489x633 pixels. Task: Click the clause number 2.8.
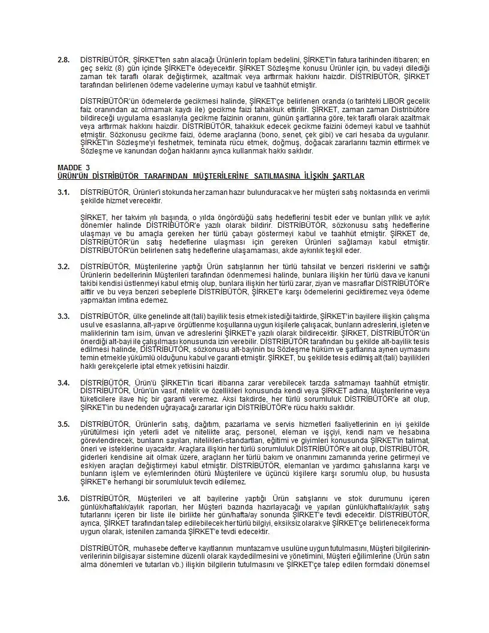pyautogui.click(x=63, y=60)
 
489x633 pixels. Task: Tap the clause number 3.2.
pyautogui.click(x=63, y=266)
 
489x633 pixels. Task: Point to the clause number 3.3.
pyautogui.click(x=63, y=315)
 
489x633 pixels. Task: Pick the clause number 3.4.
pyautogui.click(x=63, y=382)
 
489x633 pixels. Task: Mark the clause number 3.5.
pyautogui.click(x=63, y=424)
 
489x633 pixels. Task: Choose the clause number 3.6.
pyautogui.click(x=63, y=498)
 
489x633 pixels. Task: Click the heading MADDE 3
pyautogui.click(x=74, y=167)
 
